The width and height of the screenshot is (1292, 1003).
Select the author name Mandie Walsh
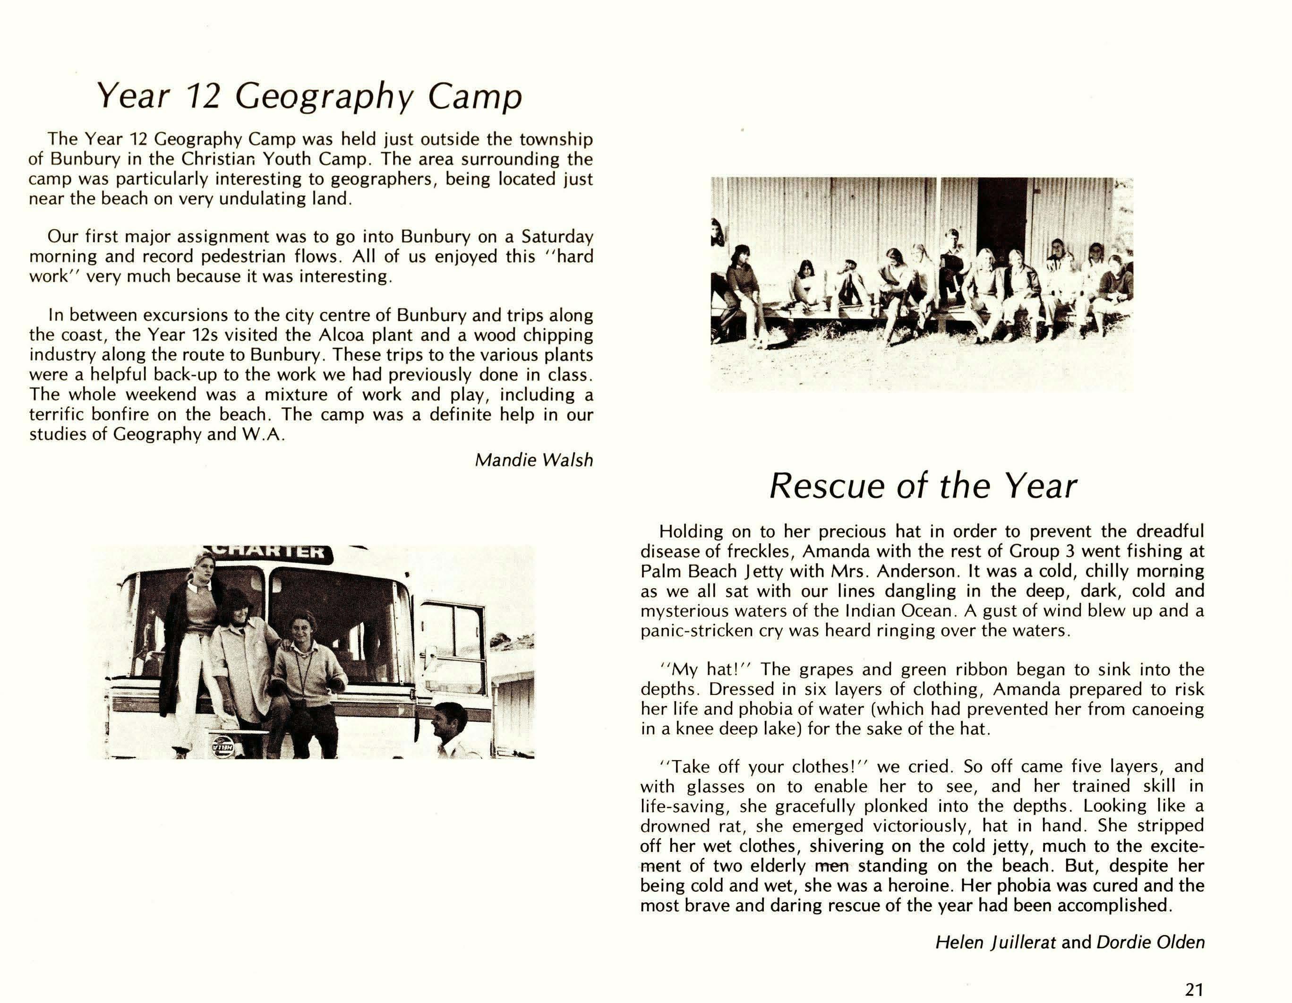click(534, 460)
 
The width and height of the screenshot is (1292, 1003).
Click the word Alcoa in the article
click(337, 335)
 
